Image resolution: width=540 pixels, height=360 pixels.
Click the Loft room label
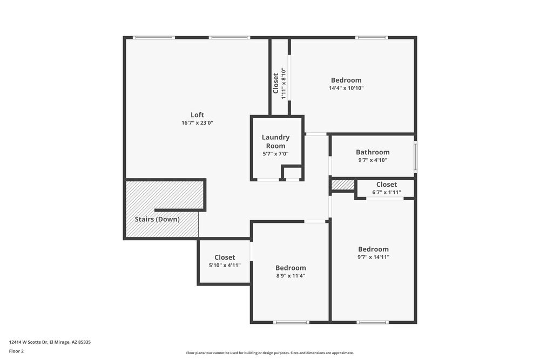click(x=197, y=114)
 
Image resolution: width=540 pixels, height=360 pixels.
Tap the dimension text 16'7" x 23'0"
click(x=197, y=123)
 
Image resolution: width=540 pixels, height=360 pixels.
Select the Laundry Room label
click(x=275, y=141)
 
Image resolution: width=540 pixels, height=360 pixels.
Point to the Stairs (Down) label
click(x=157, y=219)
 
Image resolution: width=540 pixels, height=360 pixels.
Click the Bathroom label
click(x=373, y=152)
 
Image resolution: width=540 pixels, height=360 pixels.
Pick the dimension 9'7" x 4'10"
click(x=373, y=160)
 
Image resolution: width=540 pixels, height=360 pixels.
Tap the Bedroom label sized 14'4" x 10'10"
click(x=346, y=80)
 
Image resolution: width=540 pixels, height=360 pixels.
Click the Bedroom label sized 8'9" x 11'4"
click(x=291, y=268)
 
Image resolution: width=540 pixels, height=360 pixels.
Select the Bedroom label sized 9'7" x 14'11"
click(x=373, y=249)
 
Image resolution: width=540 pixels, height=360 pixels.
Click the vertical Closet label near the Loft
click(x=276, y=84)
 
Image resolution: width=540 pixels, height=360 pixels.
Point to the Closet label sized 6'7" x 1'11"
click(x=387, y=185)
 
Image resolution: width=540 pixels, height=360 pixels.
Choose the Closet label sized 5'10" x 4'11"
click(x=225, y=257)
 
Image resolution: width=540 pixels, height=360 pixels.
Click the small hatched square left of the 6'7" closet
click(x=343, y=185)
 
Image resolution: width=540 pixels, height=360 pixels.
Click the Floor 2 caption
click(x=16, y=351)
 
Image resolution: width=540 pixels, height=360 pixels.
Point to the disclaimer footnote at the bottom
click(x=269, y=352)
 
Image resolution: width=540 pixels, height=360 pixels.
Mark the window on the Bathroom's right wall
click(x=415, y=157)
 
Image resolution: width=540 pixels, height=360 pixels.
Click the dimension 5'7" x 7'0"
click(x=275, y=154)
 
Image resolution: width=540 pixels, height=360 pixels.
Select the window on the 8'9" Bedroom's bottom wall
click(x=291, y=322)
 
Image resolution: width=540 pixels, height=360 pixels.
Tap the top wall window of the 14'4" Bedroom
click(x=372, y=37)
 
